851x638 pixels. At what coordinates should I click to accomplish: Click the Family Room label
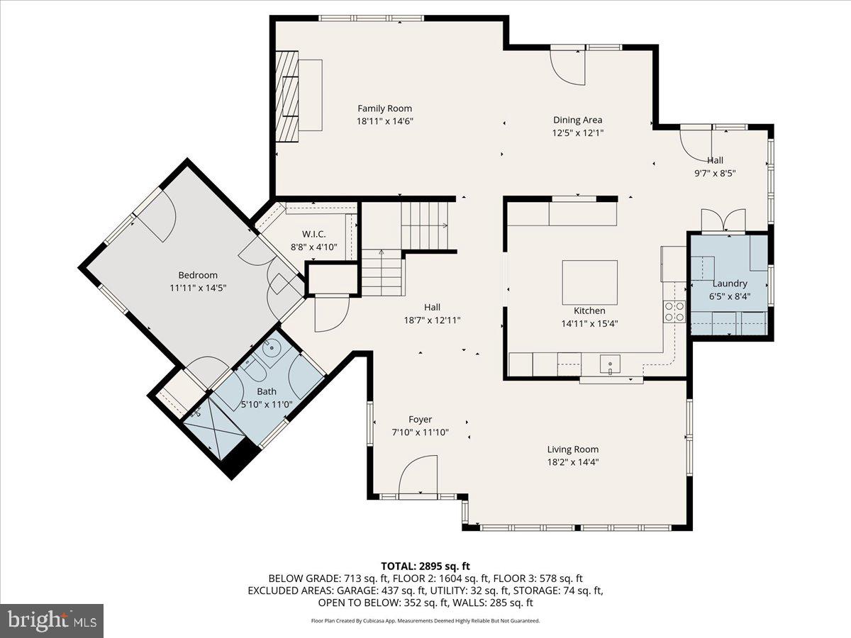[384, 108]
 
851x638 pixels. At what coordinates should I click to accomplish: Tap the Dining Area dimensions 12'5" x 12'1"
[578, 133]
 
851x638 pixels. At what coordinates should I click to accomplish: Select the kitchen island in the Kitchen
[589, 282]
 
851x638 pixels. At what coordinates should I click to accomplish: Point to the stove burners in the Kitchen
[674, 312]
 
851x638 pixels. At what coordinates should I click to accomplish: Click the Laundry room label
[730, 284]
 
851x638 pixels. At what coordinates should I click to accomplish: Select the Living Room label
[572, 449]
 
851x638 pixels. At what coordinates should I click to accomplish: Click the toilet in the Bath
[251, 369]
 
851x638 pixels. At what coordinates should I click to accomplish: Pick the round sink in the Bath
[272, 348]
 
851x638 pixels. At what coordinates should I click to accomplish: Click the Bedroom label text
[198, 275]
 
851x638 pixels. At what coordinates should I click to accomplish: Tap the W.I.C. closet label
[313, 234]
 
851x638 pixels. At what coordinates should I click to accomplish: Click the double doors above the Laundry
[723, 220]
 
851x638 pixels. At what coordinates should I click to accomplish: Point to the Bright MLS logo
[52, 621]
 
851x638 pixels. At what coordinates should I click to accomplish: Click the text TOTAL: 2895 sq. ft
[425, 566]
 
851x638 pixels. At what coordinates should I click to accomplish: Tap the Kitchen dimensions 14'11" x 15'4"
[589, 323]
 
